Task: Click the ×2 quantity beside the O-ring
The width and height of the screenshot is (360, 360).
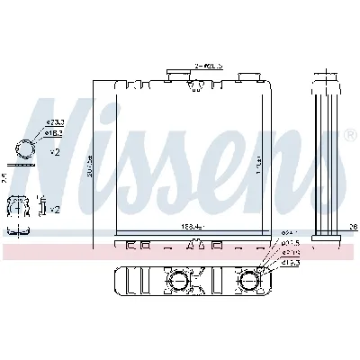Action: pos(54,152)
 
